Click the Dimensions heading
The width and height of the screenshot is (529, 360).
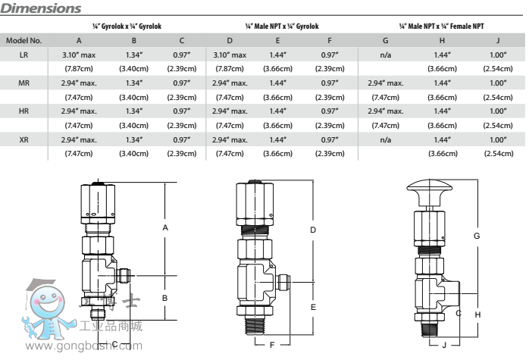tap(42, 8)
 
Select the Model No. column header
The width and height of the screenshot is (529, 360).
tap(23, 40)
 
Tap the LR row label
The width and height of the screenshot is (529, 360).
tap(23, 55)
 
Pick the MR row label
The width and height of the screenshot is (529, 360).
tap(23, 83)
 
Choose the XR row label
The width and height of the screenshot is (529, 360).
tap(23, 139)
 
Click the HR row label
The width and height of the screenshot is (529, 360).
tap(23, 111)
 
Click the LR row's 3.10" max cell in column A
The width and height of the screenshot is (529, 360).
tap(79, 55)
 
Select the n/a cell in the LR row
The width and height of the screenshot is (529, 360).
tap(386, 55)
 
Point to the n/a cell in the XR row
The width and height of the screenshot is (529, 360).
tap(386, 139)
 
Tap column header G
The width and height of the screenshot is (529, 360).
tap(386, 40)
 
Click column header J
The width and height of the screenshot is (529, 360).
tap(498, 40)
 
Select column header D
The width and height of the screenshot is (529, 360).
tap(230, 40)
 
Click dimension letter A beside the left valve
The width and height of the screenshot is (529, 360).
tap(164, 227)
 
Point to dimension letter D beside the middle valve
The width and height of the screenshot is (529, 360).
tap(312, 229)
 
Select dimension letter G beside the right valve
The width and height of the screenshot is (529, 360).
tap(477, 236)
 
